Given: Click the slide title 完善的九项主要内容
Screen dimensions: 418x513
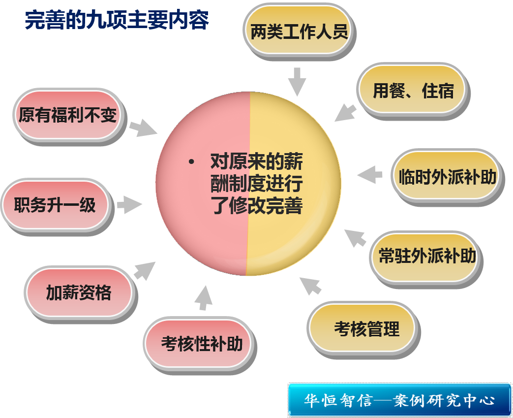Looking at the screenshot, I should point(117,21).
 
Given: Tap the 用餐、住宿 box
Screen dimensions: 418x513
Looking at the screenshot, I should point(412,91).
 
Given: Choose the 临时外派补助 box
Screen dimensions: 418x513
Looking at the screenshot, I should point(447,176).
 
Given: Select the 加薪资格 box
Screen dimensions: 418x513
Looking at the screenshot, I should point(79,292).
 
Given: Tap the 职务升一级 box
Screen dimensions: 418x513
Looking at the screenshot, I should point(55,205).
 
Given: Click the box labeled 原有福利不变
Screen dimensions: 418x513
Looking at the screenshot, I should point(68,115).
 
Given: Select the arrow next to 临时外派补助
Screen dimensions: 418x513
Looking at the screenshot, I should point(369,175).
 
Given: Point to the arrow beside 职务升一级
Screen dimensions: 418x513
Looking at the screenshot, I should point(129,204).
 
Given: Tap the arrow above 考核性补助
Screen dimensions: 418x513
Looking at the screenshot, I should point(203,297).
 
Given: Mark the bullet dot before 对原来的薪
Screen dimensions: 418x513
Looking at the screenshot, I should point(191,162).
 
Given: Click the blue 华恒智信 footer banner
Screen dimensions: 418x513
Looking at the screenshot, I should point(399,399).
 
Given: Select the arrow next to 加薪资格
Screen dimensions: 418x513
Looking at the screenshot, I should point(144,270).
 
